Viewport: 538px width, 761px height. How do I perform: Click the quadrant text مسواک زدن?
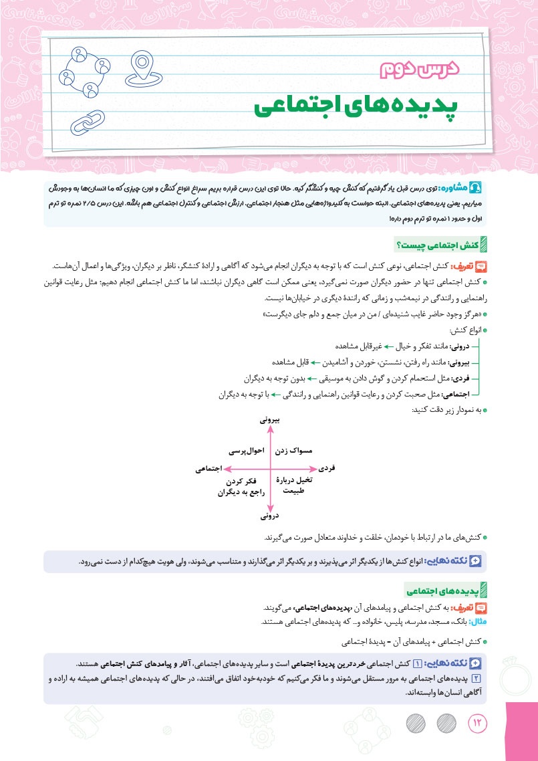coord(293,452)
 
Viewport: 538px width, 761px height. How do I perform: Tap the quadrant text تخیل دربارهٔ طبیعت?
coord(295,485)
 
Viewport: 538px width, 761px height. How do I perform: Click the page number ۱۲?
coord(479,723)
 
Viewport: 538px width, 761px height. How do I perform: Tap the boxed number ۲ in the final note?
coord(485,679)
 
